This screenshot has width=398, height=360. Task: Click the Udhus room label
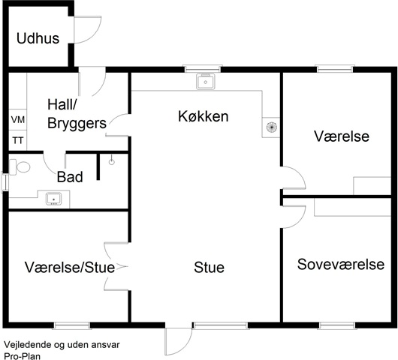point(38,38)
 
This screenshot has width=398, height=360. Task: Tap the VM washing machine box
point(18,120)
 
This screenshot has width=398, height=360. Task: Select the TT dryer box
point(18,140)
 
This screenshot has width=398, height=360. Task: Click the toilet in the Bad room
point(20,166)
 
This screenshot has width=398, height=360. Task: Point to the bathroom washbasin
point(53,199)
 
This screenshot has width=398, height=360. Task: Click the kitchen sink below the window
point(206,82)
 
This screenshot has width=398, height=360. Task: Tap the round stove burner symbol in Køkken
point(271,127)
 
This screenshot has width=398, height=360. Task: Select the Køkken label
point(204,116)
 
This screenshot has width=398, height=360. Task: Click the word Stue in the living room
point(210,268)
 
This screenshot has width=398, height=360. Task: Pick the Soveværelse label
point(341,265)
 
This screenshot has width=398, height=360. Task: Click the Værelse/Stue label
point(70,267)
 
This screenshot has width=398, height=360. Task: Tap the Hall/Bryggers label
point(77,114)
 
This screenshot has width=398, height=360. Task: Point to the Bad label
point(70,177)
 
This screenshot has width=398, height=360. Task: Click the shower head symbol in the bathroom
point(112,160)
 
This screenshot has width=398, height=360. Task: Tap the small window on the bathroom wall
point(5,181)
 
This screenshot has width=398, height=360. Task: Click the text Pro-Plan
point(23,356)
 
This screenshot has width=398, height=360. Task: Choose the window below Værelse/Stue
point(72,325)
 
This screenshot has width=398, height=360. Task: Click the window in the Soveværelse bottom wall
point(337,325)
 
